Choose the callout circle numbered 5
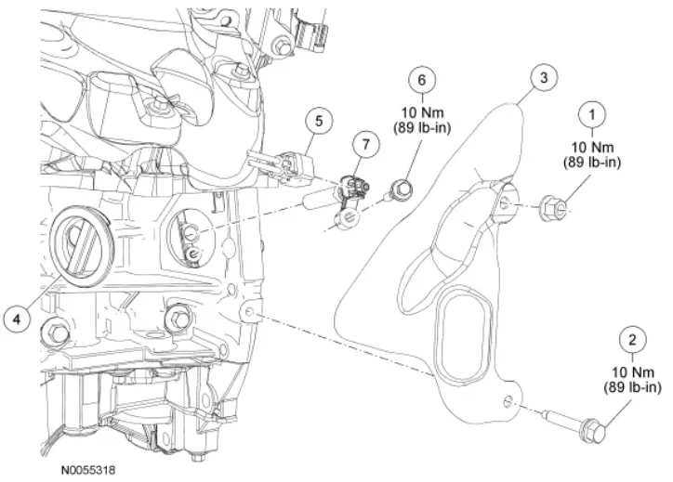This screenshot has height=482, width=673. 318,121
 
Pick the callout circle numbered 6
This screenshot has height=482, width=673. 423,82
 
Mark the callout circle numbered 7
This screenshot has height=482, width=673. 365,144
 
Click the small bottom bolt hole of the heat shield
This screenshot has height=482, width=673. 507,402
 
